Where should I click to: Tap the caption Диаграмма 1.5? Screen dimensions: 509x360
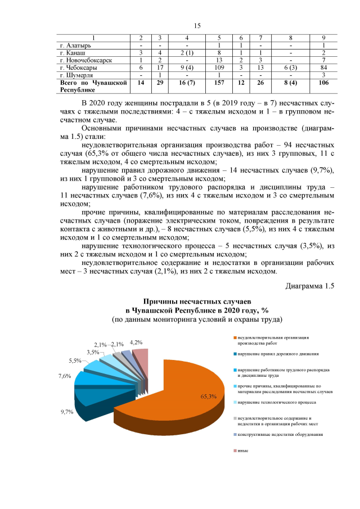point(309,286)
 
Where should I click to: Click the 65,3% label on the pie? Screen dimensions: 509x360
point(208,397)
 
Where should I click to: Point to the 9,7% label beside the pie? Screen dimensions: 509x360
point(67,412)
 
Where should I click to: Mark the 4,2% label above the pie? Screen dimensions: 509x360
point(136,342)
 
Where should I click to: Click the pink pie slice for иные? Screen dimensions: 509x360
point(142,360)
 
